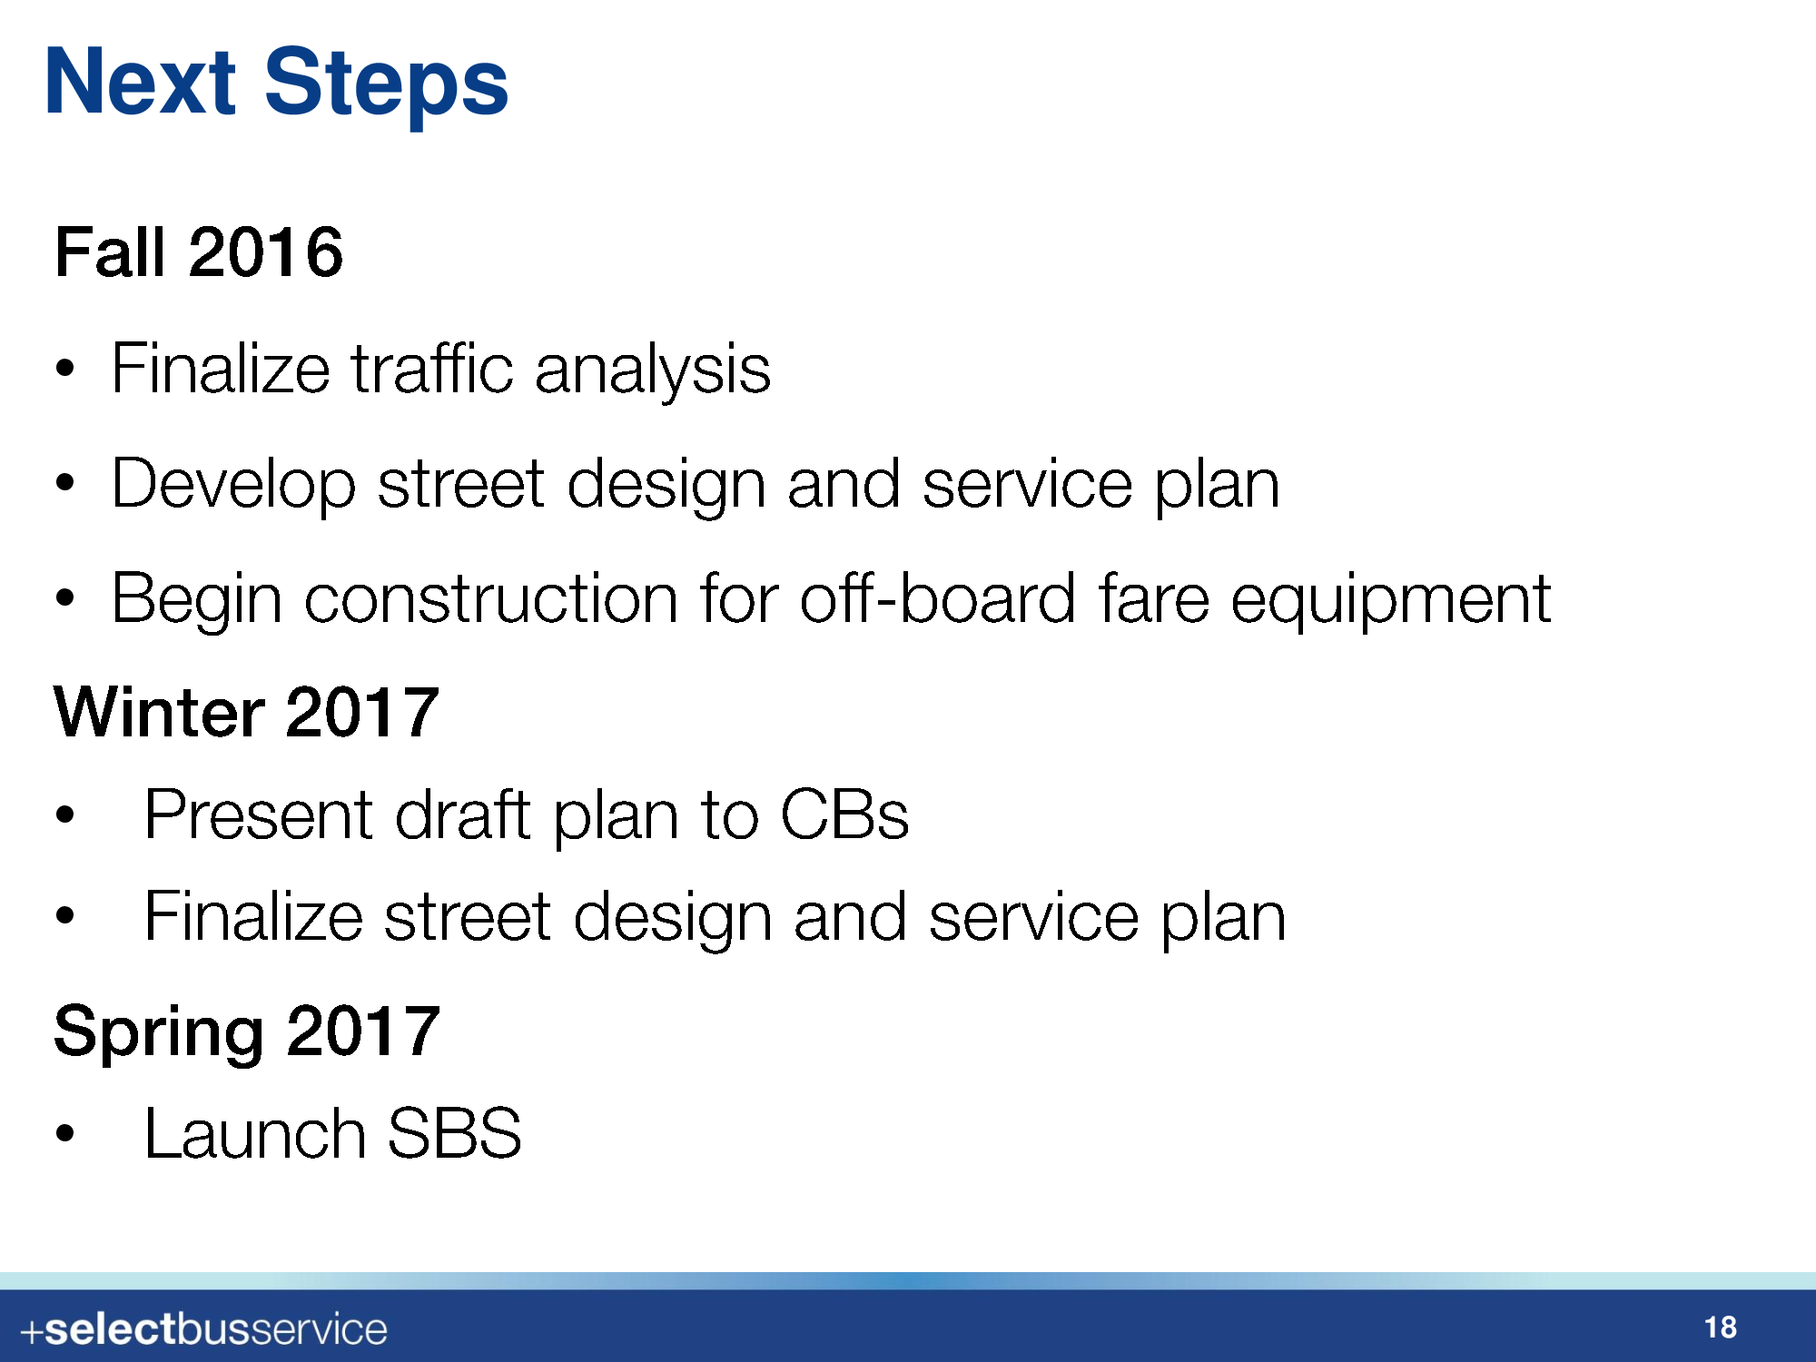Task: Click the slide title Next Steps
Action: pyautogui.click(x=276, y=84)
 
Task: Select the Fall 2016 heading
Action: pyautogui.click(x=199, y=252)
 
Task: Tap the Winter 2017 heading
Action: pyautogui.click(x=247, y=712)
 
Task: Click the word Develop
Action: pyautogui.click(x=233, y=486)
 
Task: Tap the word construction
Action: pyautogui.click(x=491, y=599)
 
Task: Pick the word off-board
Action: pyautogui.click(x=938, y=598)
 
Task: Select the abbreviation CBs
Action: pyautogui.click(x=844, y=814)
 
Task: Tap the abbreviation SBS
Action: pyautogui.click(x=455, y=1133)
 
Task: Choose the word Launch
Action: pyautogui.click(x=256, y=1133)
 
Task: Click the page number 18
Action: pyautogui.click(x=1721, y=1327)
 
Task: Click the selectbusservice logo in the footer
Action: pyautogui.click(x=203, y=1330)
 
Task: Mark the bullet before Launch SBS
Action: pyautogui.click(x=64, y=1133)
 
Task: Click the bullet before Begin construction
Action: pyautogui.click(x=64, y=598)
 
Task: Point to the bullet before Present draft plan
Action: pyautogui.click(x=64, y=814)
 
